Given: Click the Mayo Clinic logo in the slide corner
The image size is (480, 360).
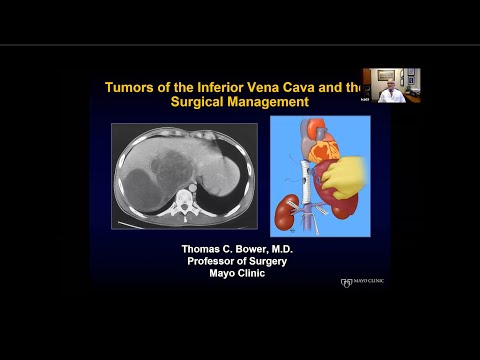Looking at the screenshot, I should coord(361,282).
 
